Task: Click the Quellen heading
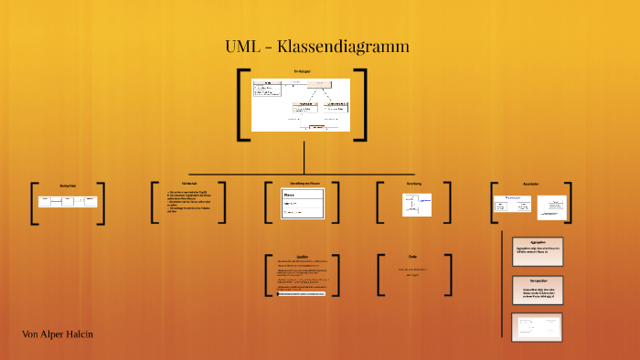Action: [303, 257]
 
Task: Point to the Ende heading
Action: [412, 257]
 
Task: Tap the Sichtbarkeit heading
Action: [189, 184]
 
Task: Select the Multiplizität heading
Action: [68, 185]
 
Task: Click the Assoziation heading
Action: [531, 184]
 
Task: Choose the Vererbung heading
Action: [414, 184]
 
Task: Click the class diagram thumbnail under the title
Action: [301, 104]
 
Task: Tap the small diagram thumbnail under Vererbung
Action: [417, 205]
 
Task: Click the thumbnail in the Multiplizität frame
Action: [68, 201]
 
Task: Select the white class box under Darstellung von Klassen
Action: [303, 204]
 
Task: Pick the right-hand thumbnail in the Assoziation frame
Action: [552, 207]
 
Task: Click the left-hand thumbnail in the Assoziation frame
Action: [512, 204]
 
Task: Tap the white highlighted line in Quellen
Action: [303, 294]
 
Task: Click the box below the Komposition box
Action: [538, 327]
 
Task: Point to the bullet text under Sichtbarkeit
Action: [188, 201]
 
